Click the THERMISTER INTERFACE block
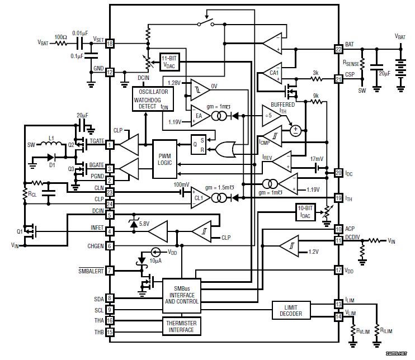click(182, 326)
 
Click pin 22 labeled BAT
click(338, 49)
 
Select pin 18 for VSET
click(110, 43)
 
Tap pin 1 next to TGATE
click(110, 144)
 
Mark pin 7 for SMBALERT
click(110, 271)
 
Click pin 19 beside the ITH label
click(338, 197)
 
